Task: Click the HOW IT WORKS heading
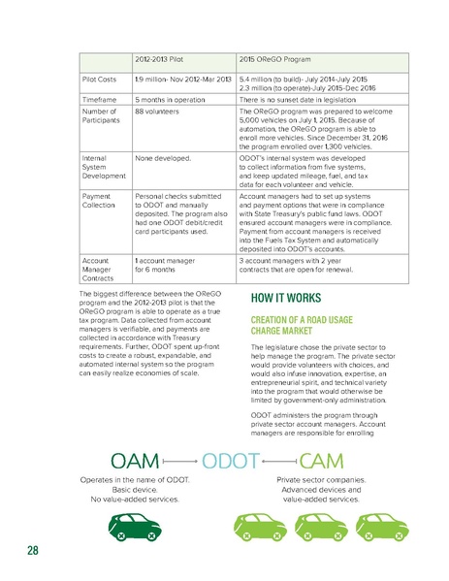pyautogui.click(x=280, y=300)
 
